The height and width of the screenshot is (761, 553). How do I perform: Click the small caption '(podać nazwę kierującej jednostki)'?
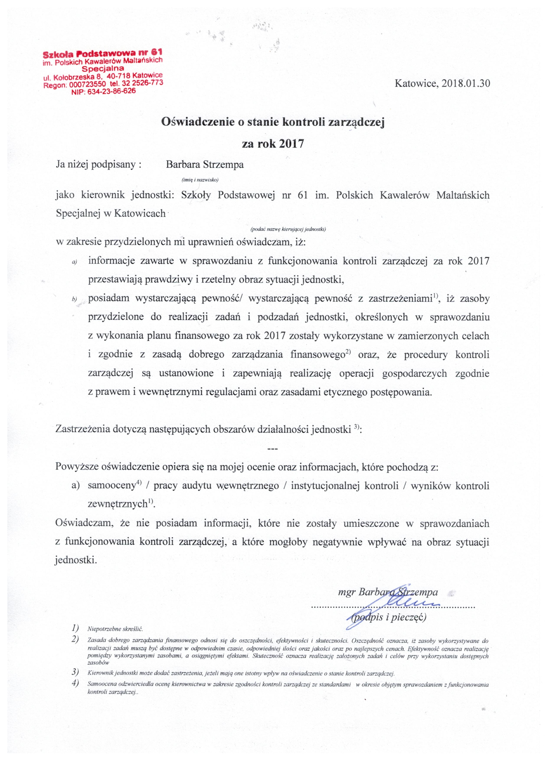[288, 230]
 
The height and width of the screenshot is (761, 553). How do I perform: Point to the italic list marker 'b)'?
[74, 299]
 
